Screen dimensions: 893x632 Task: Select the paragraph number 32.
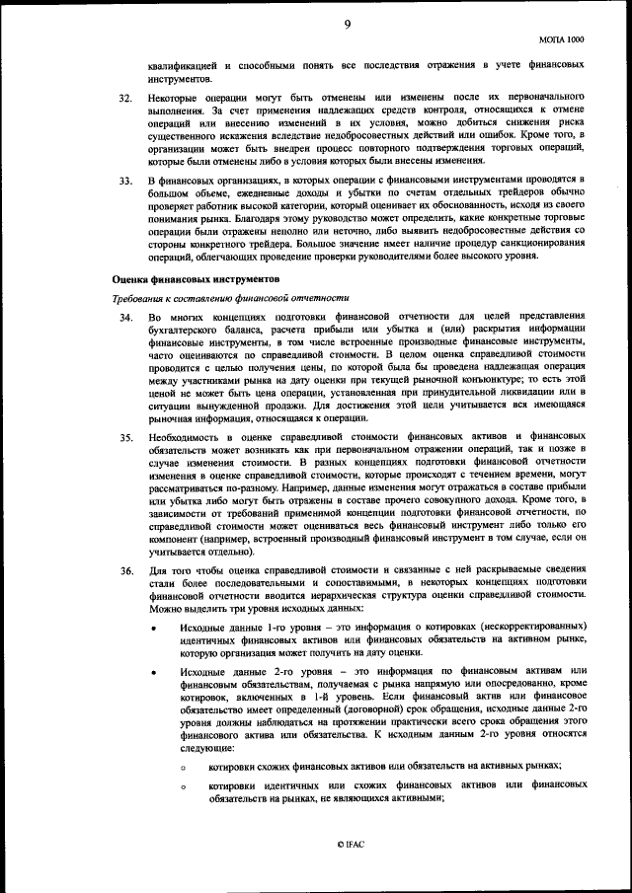(x=124, y=99)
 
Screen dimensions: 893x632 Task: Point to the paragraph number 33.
(x=124, y=181)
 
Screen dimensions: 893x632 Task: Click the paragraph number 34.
(x=124, y=317)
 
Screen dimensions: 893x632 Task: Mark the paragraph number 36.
(x=124, y=570)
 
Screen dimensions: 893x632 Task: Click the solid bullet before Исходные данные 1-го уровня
(x=154, y=631)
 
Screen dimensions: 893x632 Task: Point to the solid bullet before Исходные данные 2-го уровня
(x=154, y=672)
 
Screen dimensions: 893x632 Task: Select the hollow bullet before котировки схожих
(x=183, y=767)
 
